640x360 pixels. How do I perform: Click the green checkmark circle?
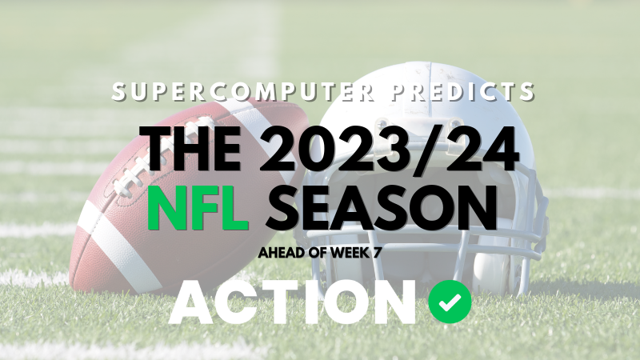click(450, 302)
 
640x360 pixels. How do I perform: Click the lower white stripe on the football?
click(128, 256)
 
